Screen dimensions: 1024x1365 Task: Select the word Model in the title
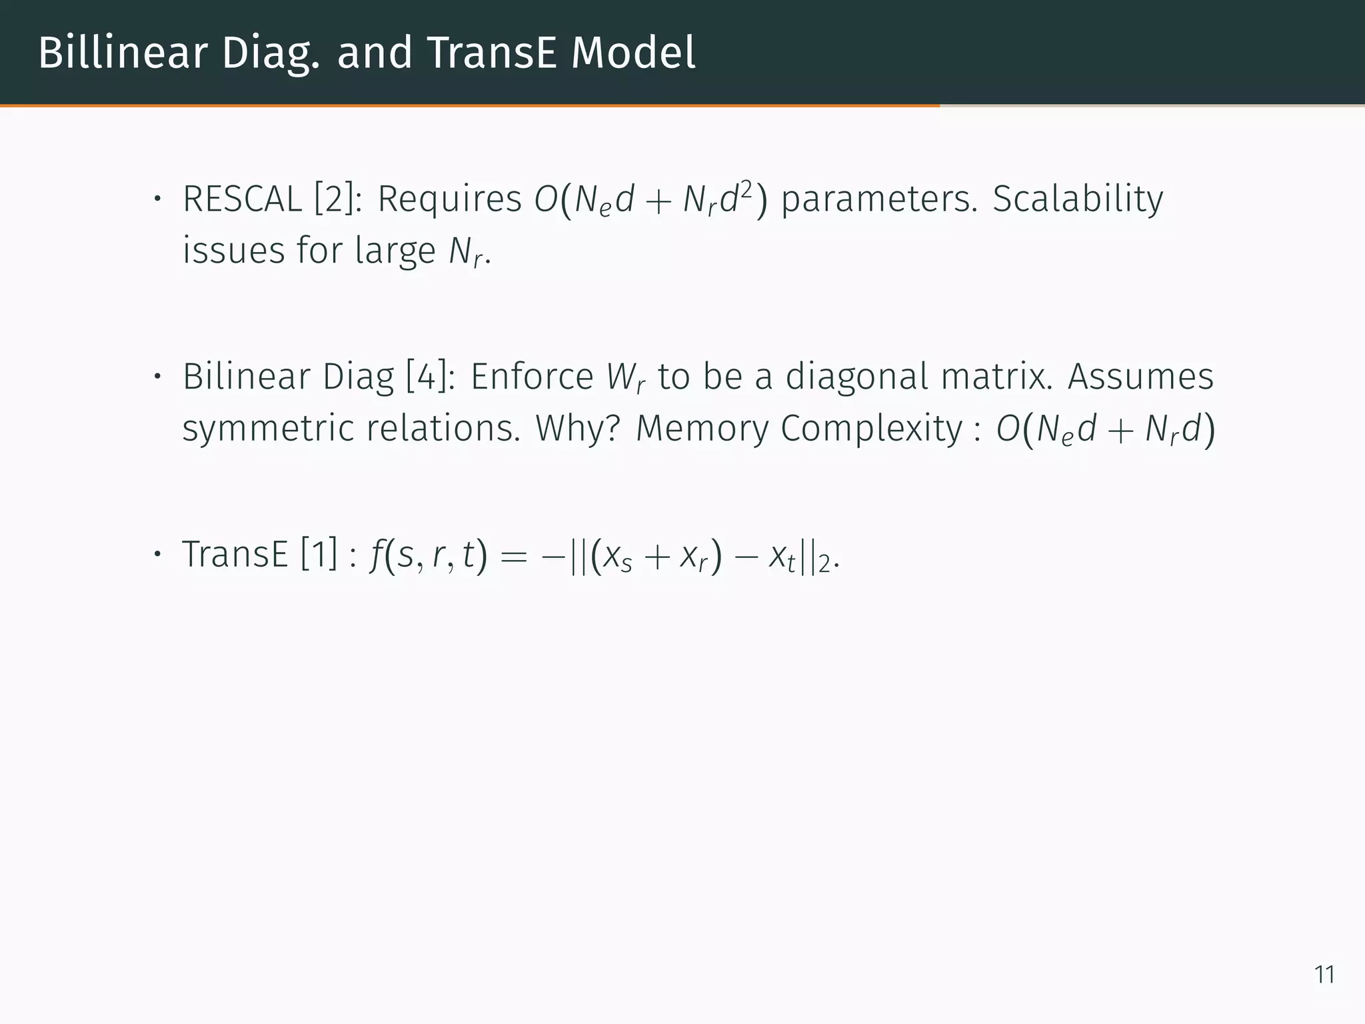(633, 53)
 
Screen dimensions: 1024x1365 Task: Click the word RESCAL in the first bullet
(242, 199)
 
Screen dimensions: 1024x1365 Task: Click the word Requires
(449, 199)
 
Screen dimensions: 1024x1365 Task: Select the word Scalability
(1078, 199)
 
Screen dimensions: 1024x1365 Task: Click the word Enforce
(532, 377)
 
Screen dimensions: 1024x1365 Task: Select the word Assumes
(1140, 377)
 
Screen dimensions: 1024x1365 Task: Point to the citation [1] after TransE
(319, 555)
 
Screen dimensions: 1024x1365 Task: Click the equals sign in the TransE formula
(513, 556)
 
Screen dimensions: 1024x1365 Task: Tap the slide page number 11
(1324, 975)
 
